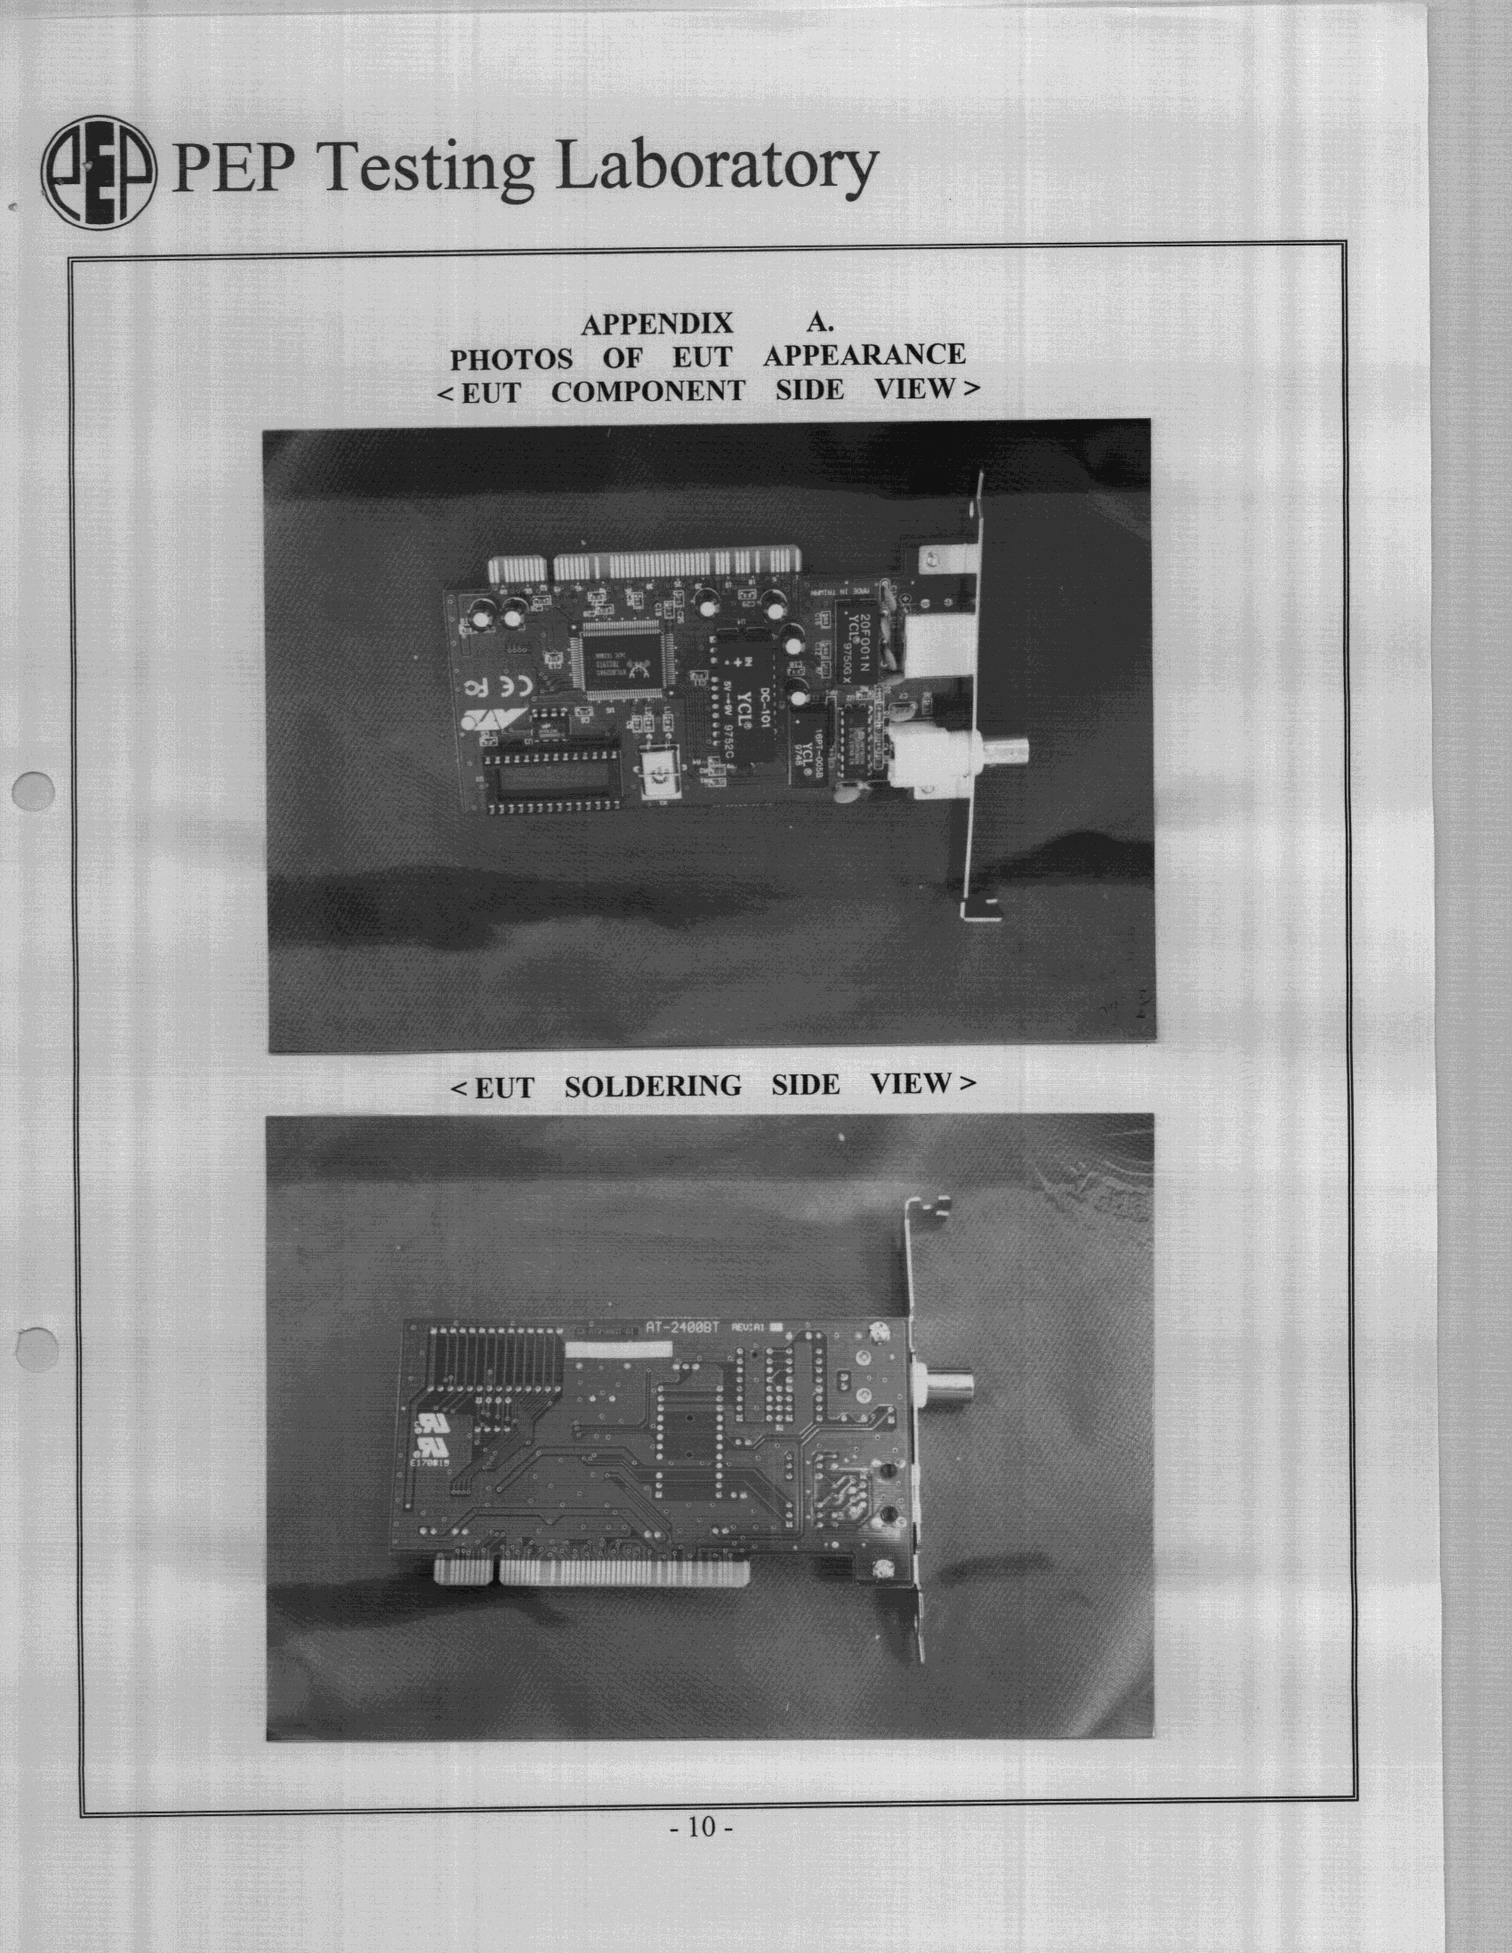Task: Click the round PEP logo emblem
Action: [99, 172]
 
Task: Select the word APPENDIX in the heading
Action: [657, 324]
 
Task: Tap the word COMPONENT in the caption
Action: [647, 391]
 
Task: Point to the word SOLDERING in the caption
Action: [653, 1086]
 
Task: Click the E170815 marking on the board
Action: [430, 1463]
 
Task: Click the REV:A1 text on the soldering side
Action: [747, 1329]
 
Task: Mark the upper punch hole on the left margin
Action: [34, 791]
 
